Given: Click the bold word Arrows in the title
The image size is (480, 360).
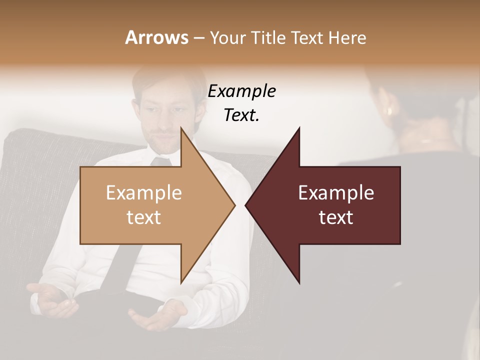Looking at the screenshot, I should [156, 37].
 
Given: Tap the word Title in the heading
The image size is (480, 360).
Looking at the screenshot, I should [267, 37].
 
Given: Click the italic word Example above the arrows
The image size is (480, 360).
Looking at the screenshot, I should [241, 91].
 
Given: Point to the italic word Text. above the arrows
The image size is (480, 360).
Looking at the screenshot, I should [241, 115].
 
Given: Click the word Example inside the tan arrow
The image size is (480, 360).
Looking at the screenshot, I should [144, 193].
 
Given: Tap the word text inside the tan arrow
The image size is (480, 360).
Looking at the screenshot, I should [144, 217].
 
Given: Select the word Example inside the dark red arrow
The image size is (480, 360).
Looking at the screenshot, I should [336, 193].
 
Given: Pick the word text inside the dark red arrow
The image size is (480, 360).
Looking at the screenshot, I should [336, 217].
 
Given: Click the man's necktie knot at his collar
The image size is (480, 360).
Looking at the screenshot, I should [161, 161].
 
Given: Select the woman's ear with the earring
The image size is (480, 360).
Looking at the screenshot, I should [389, 109].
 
